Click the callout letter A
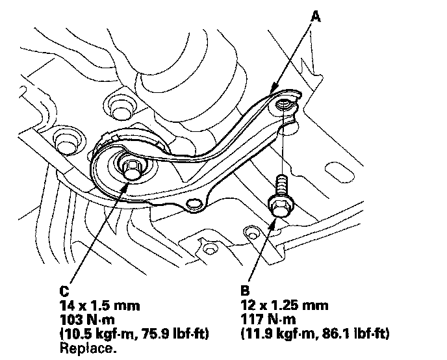(315, 16)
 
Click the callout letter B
(245, 291)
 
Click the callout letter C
(64, 291)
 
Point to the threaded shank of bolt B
(282, 185)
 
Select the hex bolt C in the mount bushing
(132, 170)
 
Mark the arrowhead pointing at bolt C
(125, 186)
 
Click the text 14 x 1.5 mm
(100, 305)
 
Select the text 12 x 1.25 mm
(284, 305)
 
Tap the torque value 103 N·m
(87, 320)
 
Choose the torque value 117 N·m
(268, 320)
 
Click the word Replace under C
(88, 348)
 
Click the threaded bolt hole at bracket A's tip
(283, 105)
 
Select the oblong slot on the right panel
(339, 172)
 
